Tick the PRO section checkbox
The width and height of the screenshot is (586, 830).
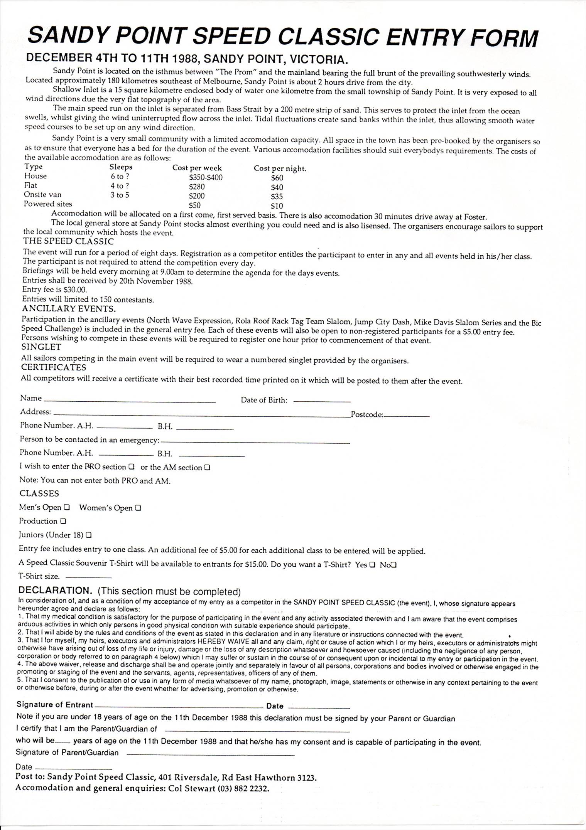132,467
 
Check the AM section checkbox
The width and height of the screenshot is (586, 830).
207,468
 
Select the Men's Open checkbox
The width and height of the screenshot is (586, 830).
67,507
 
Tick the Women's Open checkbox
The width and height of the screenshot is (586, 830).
138,508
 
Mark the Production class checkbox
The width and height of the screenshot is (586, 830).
63,521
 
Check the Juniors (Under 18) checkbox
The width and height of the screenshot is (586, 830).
89,535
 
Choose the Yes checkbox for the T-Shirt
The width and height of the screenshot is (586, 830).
372,565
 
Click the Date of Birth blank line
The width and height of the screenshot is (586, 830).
322,401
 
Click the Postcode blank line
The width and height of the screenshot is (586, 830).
407,416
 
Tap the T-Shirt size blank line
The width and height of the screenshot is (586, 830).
89,577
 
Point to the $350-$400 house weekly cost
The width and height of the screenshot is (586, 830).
206,177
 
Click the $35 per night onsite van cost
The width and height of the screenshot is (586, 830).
277,196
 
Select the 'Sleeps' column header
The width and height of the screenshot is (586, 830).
121,167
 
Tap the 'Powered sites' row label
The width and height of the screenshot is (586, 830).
48,204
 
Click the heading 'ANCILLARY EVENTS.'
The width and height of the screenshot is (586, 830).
69,309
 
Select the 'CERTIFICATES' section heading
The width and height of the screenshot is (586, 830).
54,367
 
